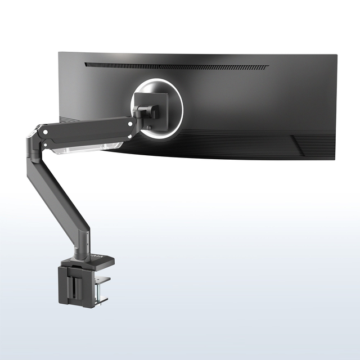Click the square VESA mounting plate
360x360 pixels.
point(160,107)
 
